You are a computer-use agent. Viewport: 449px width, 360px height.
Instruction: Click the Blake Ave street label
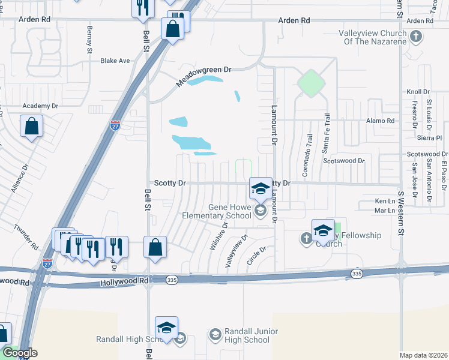coord(115,61)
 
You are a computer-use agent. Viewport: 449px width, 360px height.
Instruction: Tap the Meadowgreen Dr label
coord(203,77)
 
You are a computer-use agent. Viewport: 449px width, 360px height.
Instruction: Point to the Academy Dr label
coord(40,106)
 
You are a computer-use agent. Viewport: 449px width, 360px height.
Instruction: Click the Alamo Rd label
coord(381,121)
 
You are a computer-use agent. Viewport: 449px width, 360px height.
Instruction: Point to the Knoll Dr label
coord(418,92)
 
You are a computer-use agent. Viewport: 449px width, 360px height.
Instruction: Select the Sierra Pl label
coord(429,137)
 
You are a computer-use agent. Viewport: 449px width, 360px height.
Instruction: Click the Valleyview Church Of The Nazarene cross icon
coord(415,37)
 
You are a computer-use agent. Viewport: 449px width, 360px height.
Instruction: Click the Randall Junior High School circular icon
coord(215,334)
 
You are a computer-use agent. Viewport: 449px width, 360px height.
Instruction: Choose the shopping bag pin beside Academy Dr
coord(31,127)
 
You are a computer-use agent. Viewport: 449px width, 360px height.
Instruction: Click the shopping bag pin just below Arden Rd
coord(172,29)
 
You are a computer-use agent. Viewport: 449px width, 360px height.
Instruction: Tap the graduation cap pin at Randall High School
coord(166,328)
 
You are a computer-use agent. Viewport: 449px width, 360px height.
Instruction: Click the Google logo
coord(19,353)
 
